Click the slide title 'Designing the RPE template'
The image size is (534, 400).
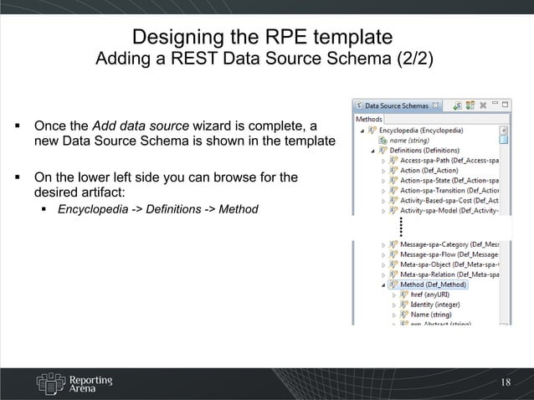[x=262, y=37]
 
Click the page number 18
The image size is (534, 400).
[x=505, y=382]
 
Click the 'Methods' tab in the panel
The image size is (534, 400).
[x=369, y=119]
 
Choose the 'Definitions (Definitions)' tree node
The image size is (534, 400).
[x=428, y=151]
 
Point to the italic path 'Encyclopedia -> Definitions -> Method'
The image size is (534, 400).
[x=157, y=208]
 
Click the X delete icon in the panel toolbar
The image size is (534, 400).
[x=482, y=106]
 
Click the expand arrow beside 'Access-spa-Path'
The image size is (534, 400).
[x=383, y=161]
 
